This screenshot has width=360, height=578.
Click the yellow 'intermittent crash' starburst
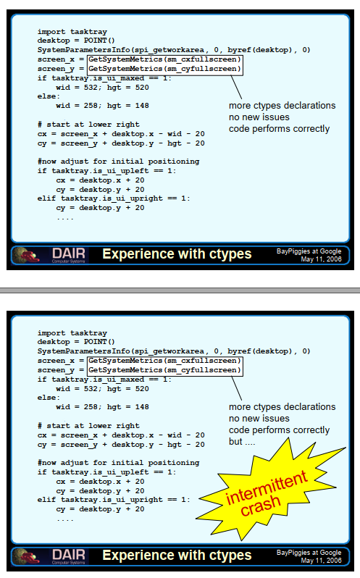271,491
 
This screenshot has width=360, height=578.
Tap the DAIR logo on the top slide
69,255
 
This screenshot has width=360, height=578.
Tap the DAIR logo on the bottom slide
69,556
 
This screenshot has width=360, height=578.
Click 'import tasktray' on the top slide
72,32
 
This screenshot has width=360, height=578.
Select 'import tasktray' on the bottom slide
72,333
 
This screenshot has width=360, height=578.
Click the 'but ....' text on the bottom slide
242,442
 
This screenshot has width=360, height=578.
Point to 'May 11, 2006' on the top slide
321,259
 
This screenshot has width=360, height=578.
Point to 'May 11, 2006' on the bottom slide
321,561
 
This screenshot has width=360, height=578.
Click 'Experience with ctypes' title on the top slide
177,254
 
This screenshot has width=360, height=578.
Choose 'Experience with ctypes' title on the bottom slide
177,556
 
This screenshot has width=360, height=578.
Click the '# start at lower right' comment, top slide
88,125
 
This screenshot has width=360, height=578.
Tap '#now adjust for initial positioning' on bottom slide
118,463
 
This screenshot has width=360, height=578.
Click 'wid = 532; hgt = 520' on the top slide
102,88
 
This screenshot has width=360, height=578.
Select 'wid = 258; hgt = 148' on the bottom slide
102,407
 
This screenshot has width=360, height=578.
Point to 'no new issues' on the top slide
259,117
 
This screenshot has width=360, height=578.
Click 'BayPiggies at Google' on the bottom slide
309,553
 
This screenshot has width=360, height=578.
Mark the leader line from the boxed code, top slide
236,88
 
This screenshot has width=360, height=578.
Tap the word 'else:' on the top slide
49,96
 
